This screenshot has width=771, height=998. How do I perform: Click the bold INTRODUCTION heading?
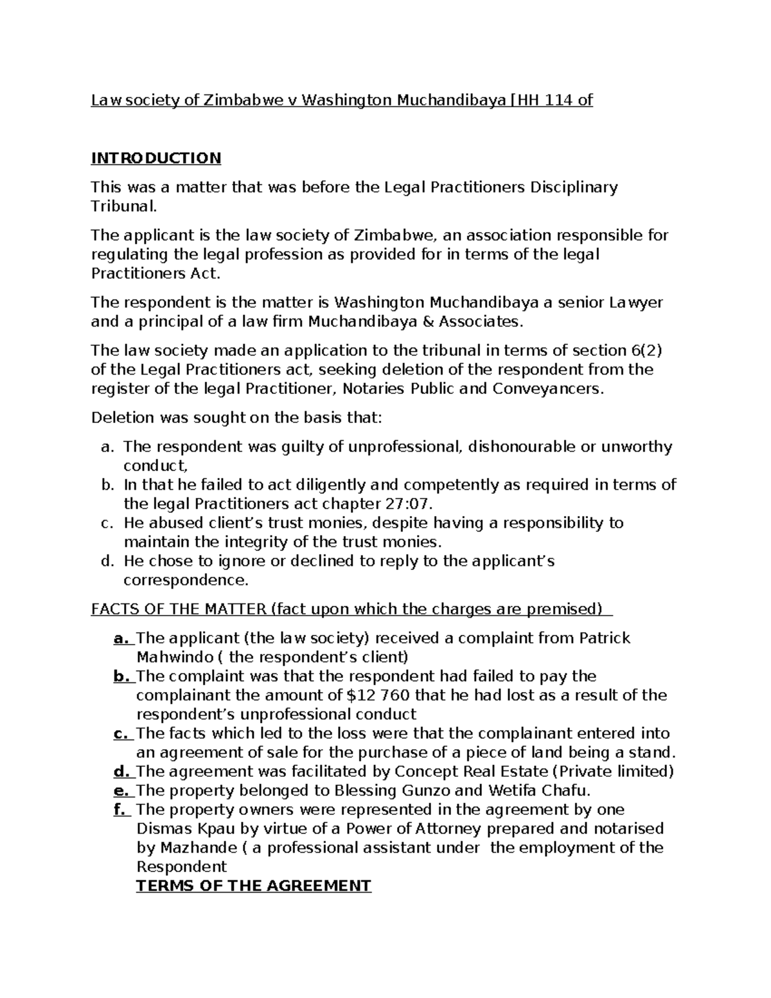[x=155, y=158]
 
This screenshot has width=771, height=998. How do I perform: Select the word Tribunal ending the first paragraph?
[x=123, y=206]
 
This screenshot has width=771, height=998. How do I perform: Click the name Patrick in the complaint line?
[x=605, y=638]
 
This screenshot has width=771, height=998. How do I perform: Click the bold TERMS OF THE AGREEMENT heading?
[x=254, y=886]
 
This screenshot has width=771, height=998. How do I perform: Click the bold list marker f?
[x=120, y=810]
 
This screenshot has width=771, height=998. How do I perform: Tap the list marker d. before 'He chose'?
[x=107, y=561]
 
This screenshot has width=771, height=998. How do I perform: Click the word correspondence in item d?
[x=185, y=580]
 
